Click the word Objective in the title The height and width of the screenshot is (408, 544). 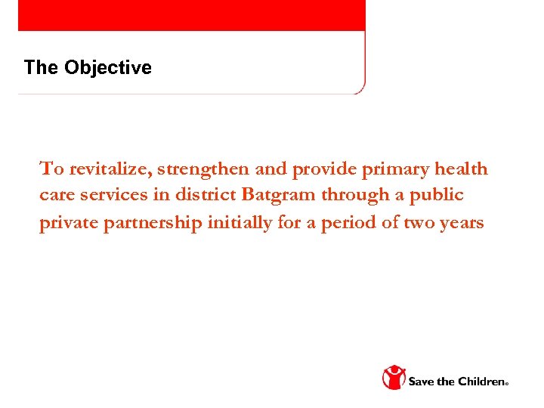tap(108, 68)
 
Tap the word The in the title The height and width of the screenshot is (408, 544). tap(41, 68)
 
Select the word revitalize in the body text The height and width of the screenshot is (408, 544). tap(110, 168)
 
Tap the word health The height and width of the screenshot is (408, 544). tap(460, 168)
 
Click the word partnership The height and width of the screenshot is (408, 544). tap(156, 224)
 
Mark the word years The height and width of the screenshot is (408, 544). tap(460, 224)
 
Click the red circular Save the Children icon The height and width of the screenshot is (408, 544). tap(394, 378)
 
